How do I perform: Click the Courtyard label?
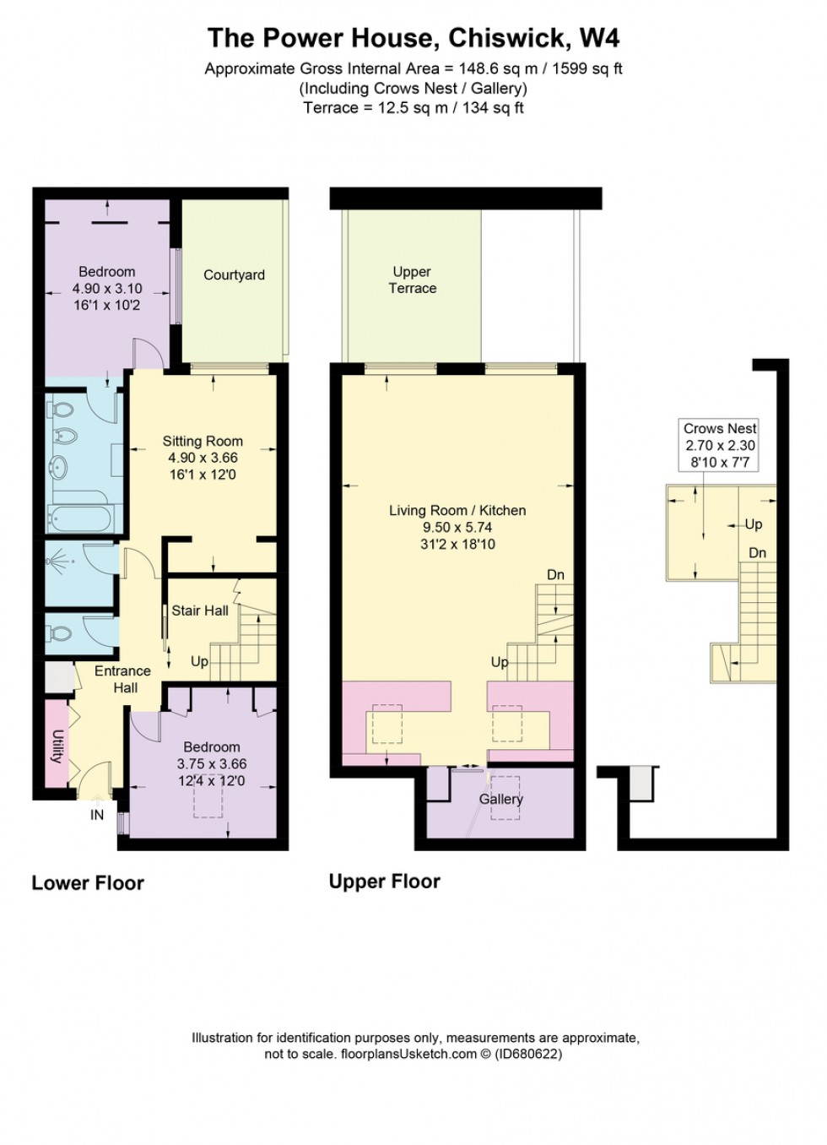tap(234, 275)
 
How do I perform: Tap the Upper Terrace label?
tap(412, 279)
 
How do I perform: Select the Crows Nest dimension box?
tap(720, 445)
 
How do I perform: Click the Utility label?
tap(57, 746)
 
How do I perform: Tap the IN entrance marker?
tap(97, 815)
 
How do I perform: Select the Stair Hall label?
tap(200, 610)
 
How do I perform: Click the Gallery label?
tap(501, 799)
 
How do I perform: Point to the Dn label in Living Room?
tap(555, 575)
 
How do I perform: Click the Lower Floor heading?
tap(88, 883)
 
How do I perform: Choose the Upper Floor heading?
tap(384, 882)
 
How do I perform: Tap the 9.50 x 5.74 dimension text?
tap(457, 527)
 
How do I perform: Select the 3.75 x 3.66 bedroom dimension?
tap(212, 763)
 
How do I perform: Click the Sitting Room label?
tap(203, 441)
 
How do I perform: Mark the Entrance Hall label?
tap(122, 679)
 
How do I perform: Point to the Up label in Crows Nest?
tap(753, 524)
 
